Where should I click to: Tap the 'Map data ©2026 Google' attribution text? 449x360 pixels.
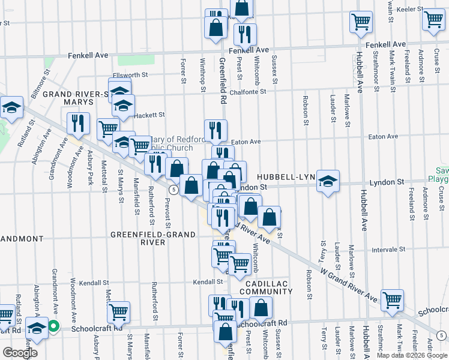click(412, 355)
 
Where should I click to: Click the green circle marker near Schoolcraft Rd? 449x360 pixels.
click(53, 327)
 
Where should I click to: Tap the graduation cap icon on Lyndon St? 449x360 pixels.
click(328, 181)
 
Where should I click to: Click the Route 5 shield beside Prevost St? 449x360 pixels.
click(173, 190)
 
